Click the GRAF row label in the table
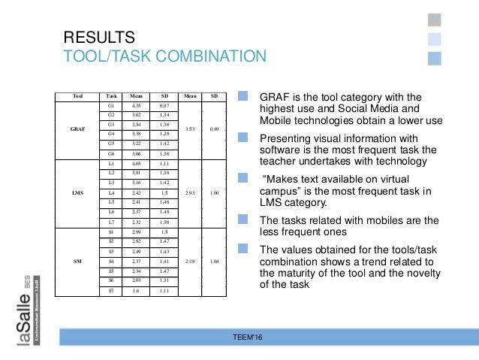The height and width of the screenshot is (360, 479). (77, 129)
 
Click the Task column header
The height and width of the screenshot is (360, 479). (112, 96)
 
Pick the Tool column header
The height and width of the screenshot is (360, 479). (77, 96)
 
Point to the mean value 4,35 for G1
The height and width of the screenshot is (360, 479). (136, 107)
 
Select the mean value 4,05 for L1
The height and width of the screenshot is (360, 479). (136, 163)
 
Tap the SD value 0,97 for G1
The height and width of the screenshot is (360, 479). (164, 107)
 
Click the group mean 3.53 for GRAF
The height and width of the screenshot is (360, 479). (191, 129)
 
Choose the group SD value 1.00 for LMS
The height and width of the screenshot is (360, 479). (215, 192)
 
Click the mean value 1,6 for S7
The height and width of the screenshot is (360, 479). (136, 290)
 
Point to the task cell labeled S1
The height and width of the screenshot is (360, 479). (112, 233)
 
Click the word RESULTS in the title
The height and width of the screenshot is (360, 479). (99, 38)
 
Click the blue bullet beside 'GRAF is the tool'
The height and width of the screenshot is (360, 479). (243, 96)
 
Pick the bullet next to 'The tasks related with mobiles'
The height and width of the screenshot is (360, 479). (243, 219)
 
